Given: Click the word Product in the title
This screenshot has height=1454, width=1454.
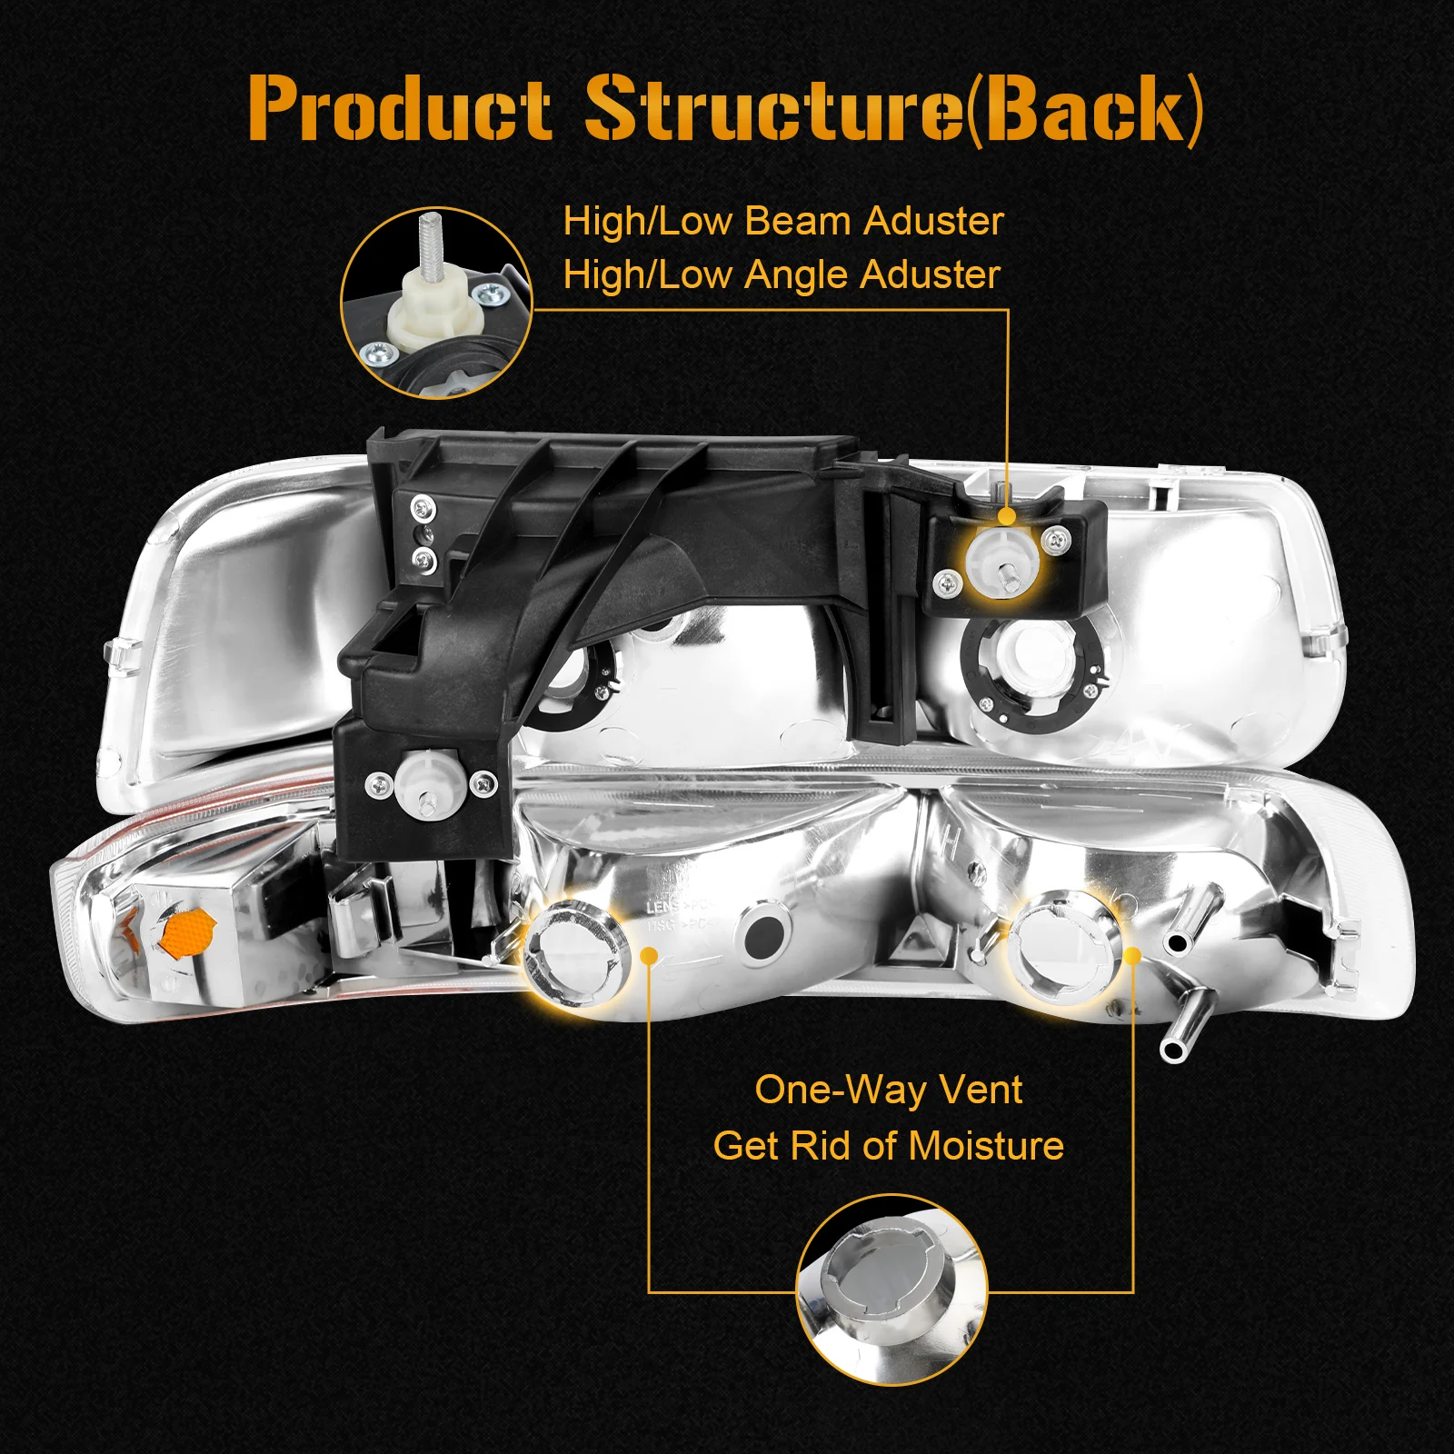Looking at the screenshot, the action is coord(399,109).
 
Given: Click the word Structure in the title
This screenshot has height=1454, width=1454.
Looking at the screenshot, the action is coord(772,109).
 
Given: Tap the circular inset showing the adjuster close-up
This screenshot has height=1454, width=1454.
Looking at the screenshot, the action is coord(436,303).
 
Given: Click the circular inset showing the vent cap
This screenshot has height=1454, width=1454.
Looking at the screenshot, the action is coord(891,1289).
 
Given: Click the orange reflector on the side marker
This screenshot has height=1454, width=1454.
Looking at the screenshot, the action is coord(185,934).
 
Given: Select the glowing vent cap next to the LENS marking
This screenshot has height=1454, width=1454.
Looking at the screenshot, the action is coord(576,951).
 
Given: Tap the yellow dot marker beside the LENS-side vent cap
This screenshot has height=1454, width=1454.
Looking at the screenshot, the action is coord(649,955).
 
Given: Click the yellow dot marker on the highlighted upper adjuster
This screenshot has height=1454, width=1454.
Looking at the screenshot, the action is coord(1006,516).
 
